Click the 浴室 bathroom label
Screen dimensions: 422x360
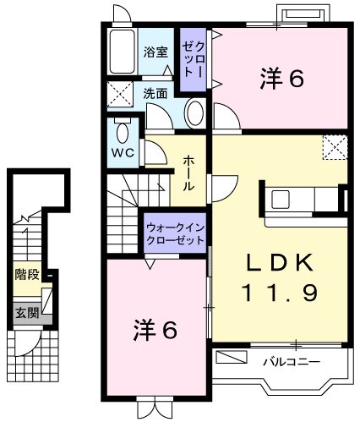(x=155, y=52)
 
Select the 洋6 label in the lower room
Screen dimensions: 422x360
(x=155, y=329)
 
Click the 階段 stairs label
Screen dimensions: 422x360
(x=27, y=275)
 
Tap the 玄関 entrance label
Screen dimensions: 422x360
(x=25, y=312)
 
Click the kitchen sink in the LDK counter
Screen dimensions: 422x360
(x=281, y=201)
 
